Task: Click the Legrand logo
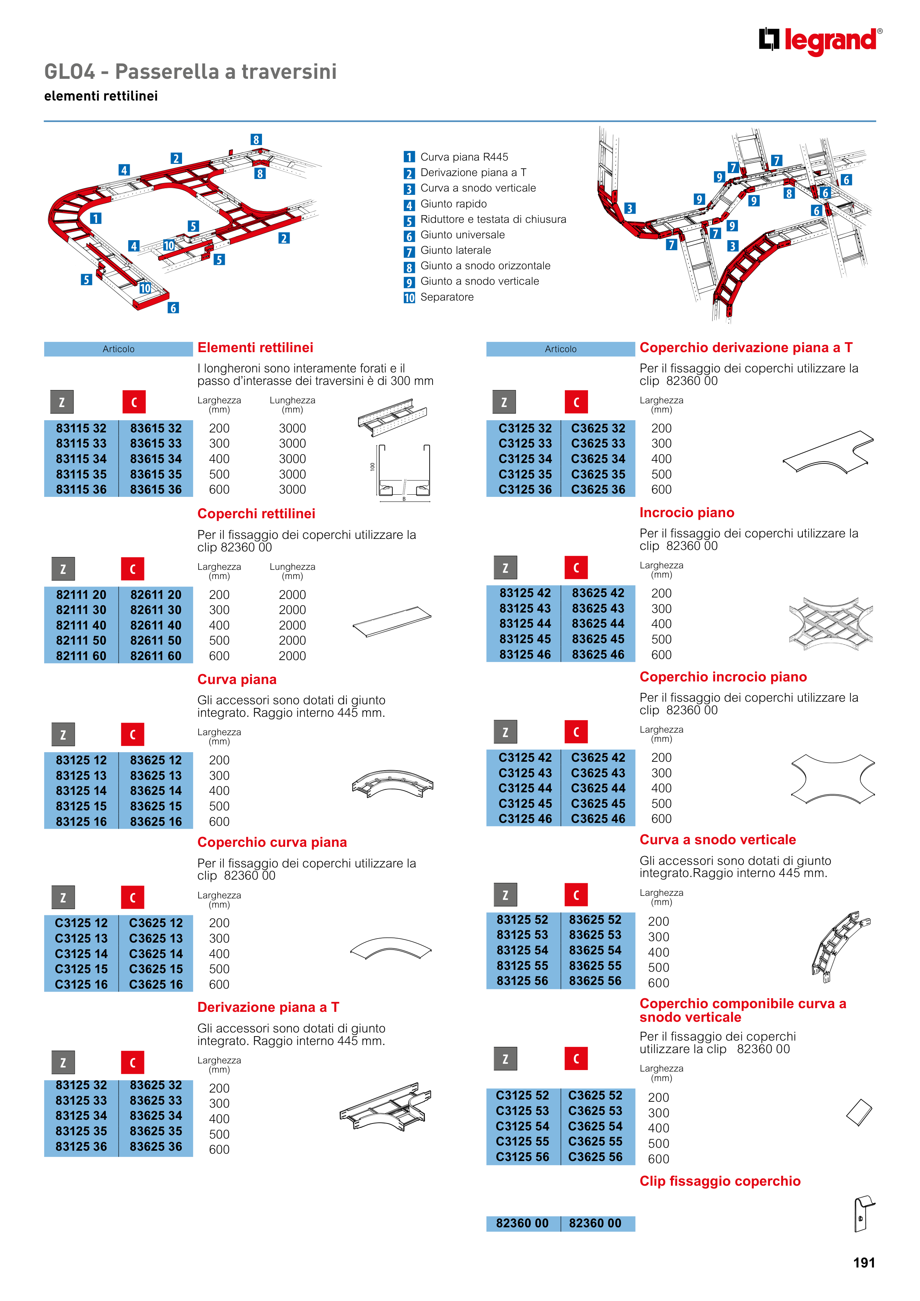820,41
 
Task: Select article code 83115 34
81,459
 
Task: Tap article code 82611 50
156,640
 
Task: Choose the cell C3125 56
523,1157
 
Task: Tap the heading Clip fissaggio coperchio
720,1181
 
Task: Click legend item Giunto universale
462,235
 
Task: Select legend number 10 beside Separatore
409,298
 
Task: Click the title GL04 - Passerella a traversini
190,71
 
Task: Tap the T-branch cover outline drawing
828,452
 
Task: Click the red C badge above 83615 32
134,402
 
